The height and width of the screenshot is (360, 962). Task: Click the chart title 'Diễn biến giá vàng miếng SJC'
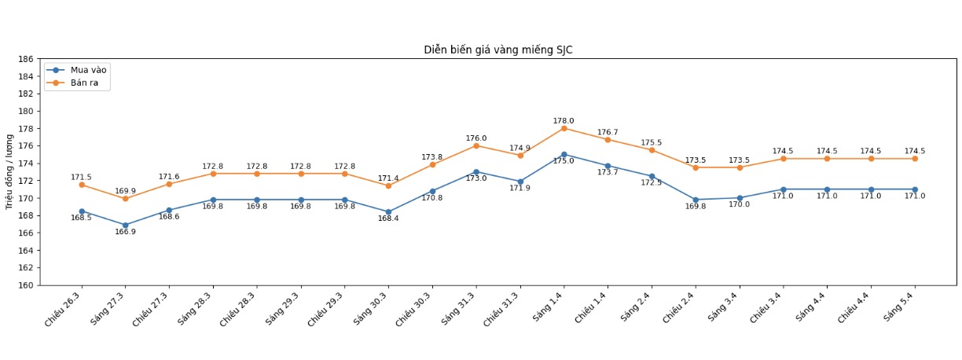coord(498,50)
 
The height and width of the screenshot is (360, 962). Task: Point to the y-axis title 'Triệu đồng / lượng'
coord(9,171)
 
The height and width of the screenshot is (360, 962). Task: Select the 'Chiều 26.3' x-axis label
coord(64,308)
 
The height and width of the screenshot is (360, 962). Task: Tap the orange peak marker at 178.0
coord(564,128)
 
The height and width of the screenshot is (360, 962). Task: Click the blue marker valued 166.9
coord(125,225)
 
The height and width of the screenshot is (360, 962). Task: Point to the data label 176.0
coord(476,138)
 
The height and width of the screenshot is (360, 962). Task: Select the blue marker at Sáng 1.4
coord(564,154)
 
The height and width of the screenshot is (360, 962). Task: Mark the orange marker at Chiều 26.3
coord(82,185)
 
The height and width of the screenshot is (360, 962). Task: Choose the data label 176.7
coord(608,132)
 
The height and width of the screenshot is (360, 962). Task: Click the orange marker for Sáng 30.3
coord(388,186)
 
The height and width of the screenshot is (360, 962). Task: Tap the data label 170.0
coord(739,204)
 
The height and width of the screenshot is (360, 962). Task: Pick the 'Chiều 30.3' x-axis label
coord(415,308)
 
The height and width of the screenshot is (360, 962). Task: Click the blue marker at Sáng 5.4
coord(915,189)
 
